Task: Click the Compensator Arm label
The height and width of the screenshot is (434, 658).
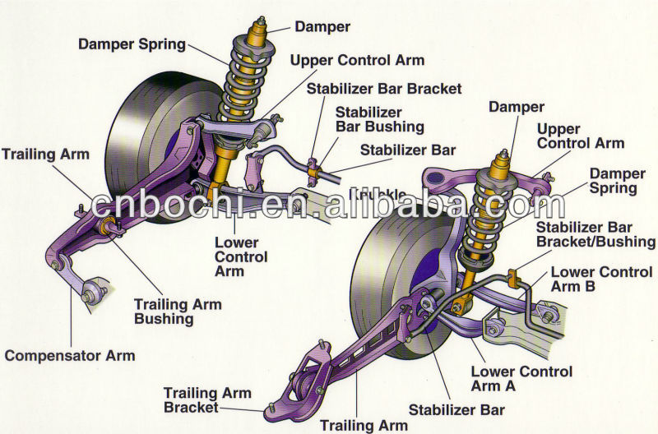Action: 69,356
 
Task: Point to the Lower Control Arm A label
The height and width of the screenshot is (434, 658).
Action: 521,379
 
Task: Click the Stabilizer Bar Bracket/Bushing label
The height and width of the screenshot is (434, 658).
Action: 595,234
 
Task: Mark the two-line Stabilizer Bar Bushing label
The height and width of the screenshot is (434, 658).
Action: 380,120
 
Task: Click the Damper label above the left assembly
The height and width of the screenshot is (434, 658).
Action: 322,27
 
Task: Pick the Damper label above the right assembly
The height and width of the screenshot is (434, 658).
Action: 517,107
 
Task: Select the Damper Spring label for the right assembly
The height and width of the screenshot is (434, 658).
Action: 613,182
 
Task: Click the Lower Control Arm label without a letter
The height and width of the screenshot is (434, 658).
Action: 240,256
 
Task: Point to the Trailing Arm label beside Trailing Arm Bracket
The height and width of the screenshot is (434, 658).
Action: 363,425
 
